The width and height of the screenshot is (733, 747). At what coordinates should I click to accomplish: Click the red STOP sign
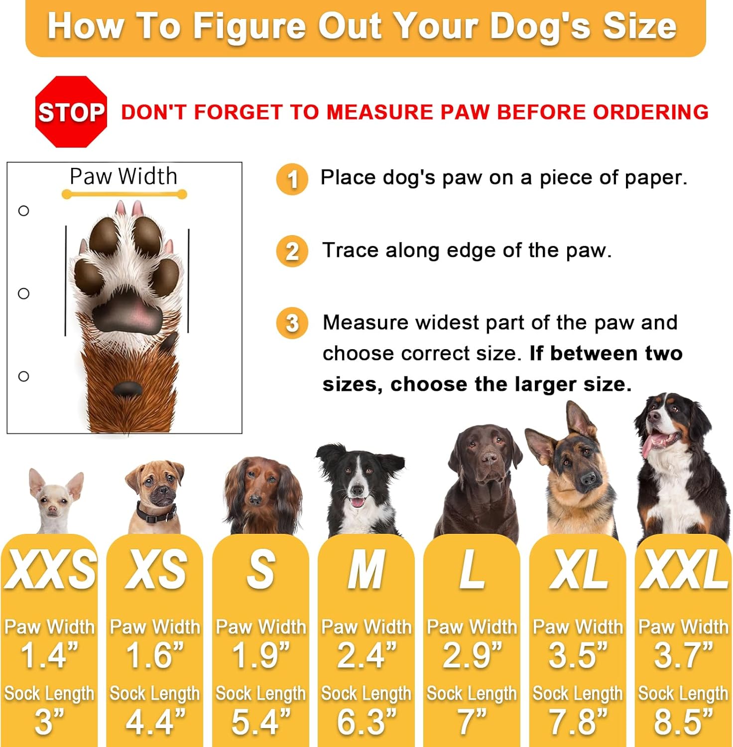71,112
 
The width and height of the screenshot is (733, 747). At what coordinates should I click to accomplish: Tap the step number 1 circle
292,179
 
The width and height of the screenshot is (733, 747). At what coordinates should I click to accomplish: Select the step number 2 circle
292,251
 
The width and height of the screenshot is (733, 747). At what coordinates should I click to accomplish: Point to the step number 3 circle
292,323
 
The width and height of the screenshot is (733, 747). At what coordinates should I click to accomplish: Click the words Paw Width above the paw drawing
123,176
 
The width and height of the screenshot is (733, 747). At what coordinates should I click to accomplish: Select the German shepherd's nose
588,479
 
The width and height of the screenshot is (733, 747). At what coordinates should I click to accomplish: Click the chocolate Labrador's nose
489,458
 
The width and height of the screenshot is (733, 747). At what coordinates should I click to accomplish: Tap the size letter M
366,569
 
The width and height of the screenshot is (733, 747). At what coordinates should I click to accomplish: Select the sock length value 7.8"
578,722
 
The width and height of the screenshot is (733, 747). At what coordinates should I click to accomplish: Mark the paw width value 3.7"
683,655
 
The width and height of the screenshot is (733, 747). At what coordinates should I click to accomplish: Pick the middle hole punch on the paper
23,293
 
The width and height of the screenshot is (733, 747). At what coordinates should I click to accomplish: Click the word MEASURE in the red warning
380,112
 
